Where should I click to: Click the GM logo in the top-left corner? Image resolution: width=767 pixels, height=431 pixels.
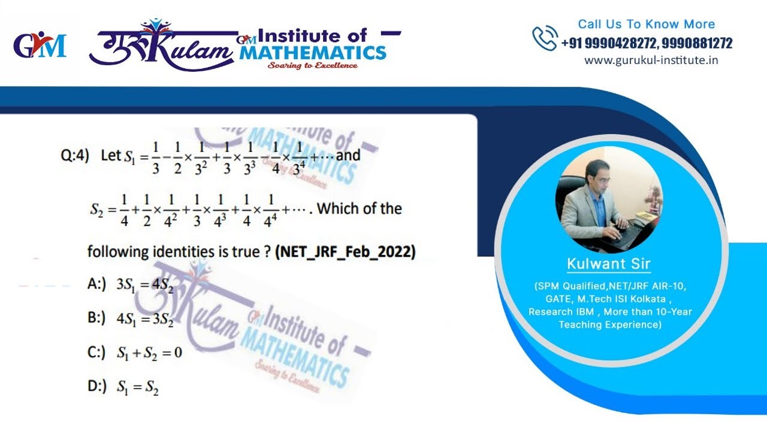click(x=40, y=47)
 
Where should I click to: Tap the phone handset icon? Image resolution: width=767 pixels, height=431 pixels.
click(x=545, y=38)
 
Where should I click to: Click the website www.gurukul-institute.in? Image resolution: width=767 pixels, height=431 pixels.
click(x=651, y=60)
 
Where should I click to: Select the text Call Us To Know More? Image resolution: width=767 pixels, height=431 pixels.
click(x=646, y=25)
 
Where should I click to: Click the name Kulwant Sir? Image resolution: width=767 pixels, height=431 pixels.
click(x=609, y=264)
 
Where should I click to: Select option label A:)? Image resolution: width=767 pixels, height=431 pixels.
click(x=96, y=284)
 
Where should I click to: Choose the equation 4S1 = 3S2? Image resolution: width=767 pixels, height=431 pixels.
click(x=145, y=318)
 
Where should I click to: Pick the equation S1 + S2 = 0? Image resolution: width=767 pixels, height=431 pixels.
click(x=149, y=353)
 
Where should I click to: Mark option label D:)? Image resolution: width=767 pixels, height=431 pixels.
click(x=97, y=387)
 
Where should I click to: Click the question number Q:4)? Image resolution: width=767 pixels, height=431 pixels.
click(x=75, y=156)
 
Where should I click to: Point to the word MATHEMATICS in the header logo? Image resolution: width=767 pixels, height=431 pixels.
click(x=313, y=52)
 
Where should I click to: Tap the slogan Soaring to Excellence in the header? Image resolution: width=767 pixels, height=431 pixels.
click(x=313, y=65)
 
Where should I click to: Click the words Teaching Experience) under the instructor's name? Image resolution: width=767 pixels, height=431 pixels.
click(x=610, y=324)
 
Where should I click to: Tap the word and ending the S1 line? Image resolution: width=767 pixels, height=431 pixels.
click(x=348, y=156)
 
